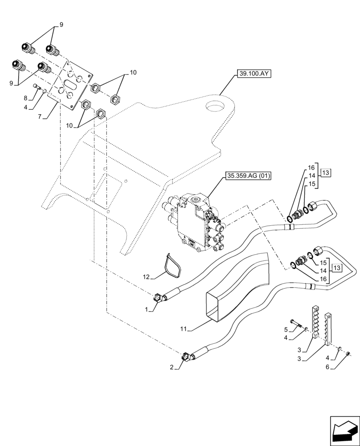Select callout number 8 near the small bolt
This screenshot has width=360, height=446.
pos(25,98)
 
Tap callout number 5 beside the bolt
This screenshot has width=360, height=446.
pos(285,330)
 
